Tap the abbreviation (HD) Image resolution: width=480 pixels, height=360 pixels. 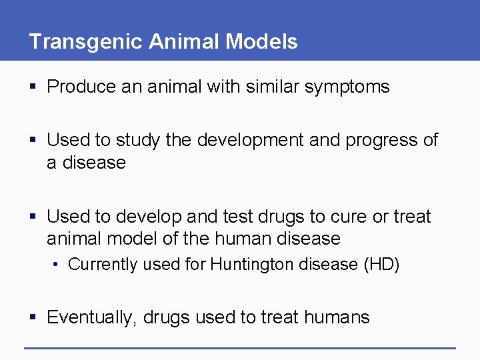[x=381, y=265]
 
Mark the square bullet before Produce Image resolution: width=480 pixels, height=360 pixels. [x=34, y=87]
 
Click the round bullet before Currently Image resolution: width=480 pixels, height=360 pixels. [x=59, y=265]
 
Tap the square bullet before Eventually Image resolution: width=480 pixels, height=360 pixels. [x=34, y=318]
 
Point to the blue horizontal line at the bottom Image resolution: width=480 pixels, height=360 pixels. [x=240, y=347]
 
